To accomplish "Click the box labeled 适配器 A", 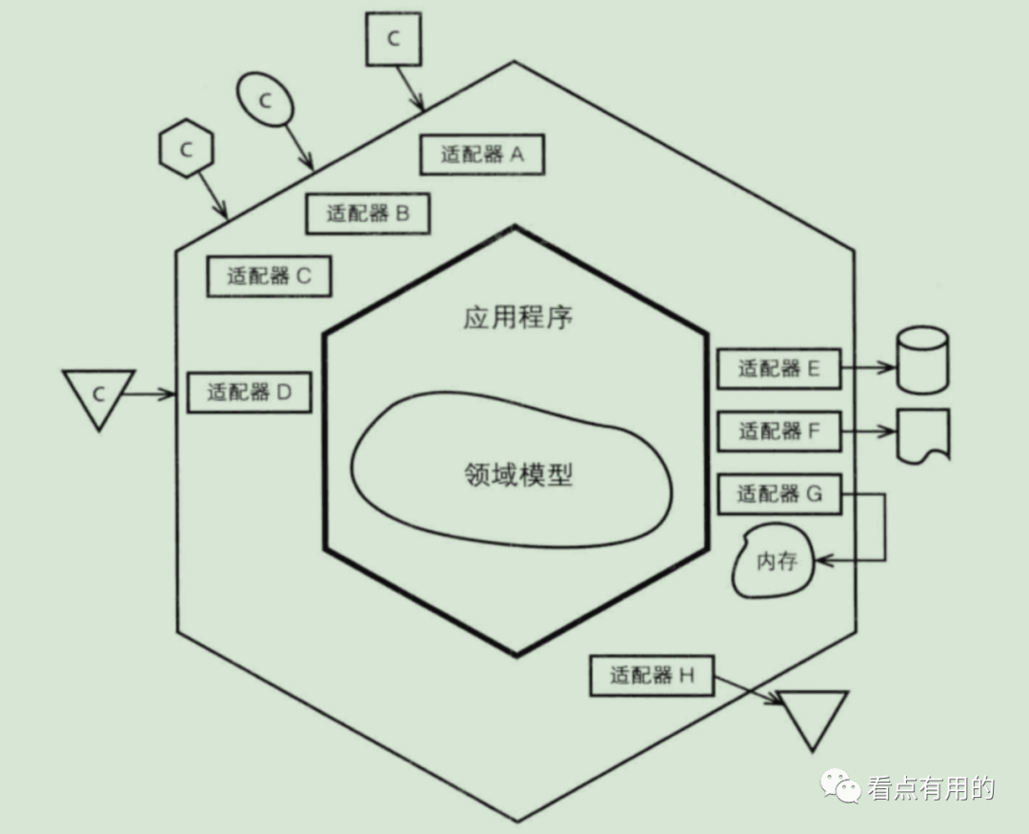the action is pos(481,154).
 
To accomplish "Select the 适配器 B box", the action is pos(367,214).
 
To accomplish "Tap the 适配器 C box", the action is pos(270,276).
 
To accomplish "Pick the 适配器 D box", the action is pos(249,392).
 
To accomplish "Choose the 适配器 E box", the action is pos(778,369).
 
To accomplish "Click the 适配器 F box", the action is pos(778,432).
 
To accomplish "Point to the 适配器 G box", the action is pos(778,494).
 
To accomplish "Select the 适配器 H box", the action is pos(652,677).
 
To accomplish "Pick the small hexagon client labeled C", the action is pos(186,150).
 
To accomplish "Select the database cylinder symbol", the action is pos(922,360).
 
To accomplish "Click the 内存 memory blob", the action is pos(776,562).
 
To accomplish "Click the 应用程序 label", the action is pos(517,317).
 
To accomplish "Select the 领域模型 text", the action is pos(517,474).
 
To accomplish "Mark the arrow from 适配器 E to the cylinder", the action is pos(868,367).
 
